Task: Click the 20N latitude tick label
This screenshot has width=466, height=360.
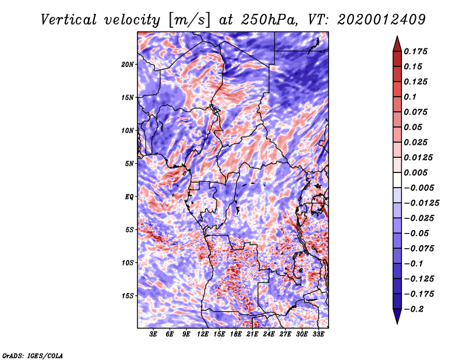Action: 128,65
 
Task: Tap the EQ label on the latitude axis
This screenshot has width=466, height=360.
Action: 129,197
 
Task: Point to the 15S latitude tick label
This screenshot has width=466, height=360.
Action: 128,296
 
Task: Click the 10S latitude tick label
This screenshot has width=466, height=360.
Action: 128,263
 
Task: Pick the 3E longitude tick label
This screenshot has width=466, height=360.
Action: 153,334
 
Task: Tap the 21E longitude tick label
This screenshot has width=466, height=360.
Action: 252,334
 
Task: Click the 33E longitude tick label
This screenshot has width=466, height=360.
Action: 318,334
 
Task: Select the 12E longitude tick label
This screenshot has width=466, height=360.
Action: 202,334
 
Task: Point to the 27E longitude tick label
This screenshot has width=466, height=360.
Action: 285,334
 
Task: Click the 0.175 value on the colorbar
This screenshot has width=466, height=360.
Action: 415,51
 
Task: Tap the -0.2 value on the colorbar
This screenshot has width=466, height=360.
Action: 414,309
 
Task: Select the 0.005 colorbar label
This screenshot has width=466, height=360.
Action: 415,172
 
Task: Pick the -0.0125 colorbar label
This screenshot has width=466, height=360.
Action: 421,203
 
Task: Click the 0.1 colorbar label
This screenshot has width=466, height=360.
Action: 410,97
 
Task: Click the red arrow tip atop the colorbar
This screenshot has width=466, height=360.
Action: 397,37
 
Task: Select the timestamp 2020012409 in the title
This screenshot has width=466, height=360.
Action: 382,20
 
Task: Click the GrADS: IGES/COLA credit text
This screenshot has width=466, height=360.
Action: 33,355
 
